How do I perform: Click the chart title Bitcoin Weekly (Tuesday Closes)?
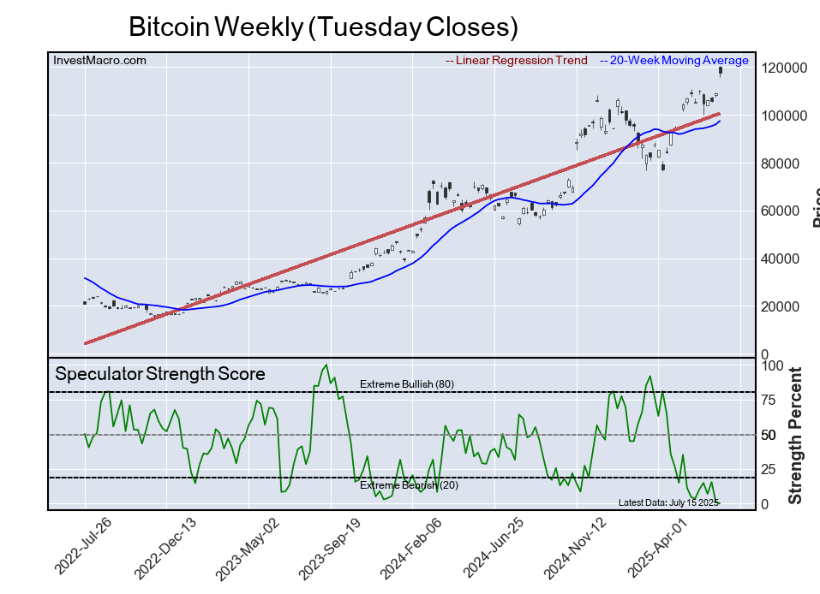coord(323,27)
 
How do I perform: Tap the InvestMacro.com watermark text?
coord(99,60)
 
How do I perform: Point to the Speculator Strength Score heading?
coord(159,374)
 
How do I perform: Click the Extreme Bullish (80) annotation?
coord(406,384)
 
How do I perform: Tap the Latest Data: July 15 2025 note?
coord(668,502)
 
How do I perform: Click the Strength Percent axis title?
coord(795,435)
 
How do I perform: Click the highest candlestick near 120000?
coord(720,72)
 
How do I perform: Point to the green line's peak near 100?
coord(326,365)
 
